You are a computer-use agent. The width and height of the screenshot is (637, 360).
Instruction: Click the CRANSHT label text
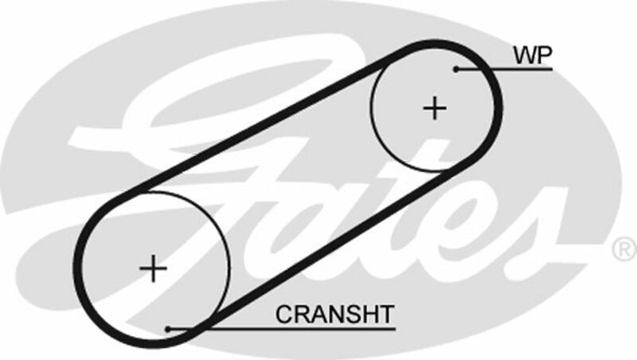[334, 314]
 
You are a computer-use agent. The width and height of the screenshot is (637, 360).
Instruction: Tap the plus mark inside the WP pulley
[435, 108]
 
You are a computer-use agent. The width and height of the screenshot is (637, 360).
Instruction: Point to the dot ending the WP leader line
[456, 69]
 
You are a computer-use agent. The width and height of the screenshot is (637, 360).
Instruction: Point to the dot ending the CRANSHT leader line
[168, 327]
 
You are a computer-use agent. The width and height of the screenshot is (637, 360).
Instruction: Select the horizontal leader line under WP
[510, 69]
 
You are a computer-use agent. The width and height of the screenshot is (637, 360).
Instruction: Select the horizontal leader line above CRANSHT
[287, 327]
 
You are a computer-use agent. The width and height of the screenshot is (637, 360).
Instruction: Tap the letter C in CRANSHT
[283, 314]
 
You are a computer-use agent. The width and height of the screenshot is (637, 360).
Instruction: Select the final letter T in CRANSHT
[386, 314]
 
